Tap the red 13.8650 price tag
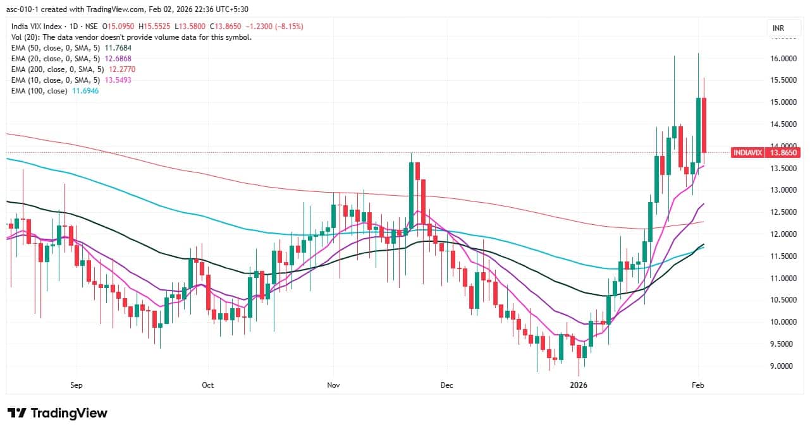783,152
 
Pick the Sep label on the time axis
77,385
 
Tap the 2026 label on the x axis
578,385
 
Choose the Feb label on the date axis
698,385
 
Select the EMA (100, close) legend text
38,91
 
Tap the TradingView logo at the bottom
58,413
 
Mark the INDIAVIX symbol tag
747,152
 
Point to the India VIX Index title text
38,27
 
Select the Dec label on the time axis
447,385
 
